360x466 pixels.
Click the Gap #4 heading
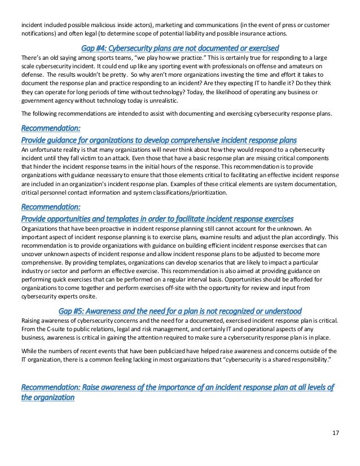[179, 47]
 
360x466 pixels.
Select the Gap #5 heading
[179, 311]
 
